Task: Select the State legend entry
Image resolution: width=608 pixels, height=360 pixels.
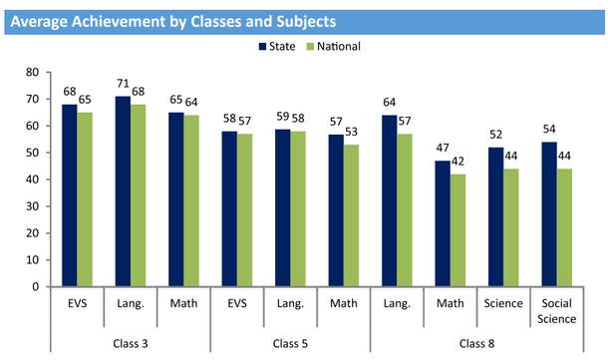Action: [282, 46]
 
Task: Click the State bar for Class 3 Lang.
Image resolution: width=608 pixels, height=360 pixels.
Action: [123, 191]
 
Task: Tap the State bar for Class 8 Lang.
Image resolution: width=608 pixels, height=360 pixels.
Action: [390, 200]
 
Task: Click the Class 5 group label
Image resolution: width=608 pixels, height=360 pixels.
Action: [289, 343]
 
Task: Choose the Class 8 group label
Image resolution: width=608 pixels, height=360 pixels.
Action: [476, 343]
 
